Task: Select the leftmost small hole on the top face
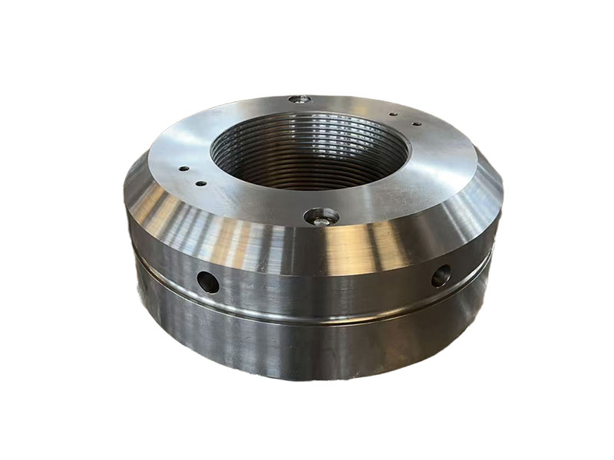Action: (183, 169)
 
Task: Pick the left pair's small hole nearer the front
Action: (201, 182)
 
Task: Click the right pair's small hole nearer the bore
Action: (392, 115)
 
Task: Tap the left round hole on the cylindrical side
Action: (208, 281)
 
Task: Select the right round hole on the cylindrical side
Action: (441, 275)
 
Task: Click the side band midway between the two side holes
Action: (322, 287)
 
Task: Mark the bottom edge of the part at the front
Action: (315, 379)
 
